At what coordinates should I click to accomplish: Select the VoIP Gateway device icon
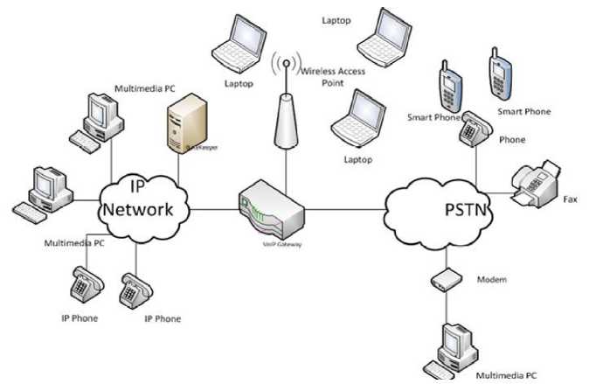tap(271, 209)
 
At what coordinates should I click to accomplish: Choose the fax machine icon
tap(533, 183)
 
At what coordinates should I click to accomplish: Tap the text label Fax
tap(570, 199)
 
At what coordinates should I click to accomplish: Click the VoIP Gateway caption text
tap(283, 245)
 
